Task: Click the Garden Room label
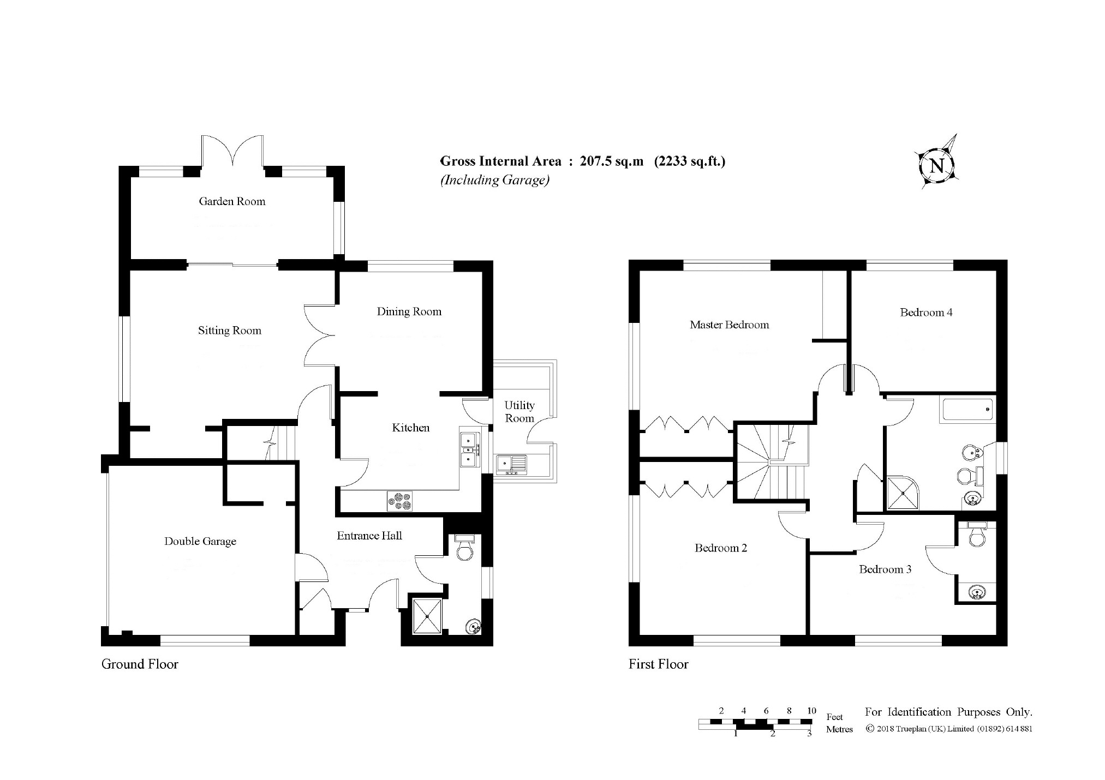[x=232, y=201]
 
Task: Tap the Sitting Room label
[x=229, y=331]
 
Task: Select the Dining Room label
[x=409, y=311]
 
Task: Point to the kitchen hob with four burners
[x=399, y=501]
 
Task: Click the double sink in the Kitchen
[x=469, y=449]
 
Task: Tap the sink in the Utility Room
[x=511, y=464]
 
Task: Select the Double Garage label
[x=200, y=542]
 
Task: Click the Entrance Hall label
[x=369, y=536]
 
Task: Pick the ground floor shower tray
[x=427, y=616]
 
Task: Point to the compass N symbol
[x=937, y=165]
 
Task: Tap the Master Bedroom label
[x=729, y=325]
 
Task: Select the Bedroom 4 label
[x=926, y=313]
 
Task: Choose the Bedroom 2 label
[x=720, y=548]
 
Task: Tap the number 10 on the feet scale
[x=811, y=711]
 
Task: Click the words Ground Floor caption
[x=140, y=664]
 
